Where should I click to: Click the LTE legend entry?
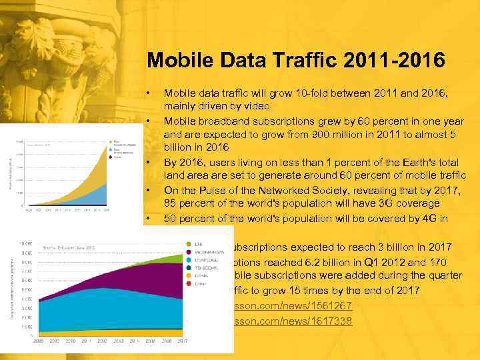[197, 243]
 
